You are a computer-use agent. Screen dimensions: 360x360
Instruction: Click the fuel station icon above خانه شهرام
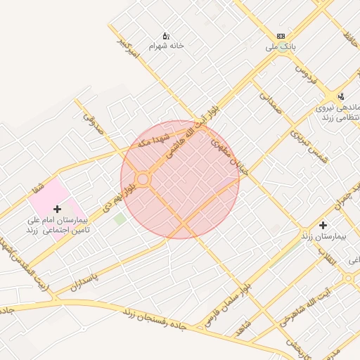tap(166, 35)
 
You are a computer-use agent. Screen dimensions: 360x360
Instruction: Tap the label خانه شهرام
tap(166, 46)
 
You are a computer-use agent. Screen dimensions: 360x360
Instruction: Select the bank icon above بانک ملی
tap(281, 36)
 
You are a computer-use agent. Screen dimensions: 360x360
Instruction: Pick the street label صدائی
tap(269, 103)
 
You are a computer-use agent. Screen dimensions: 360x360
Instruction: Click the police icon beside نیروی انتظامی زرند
tap(341, 96)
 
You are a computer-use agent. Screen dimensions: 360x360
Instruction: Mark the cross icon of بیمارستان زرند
tap(323, 226)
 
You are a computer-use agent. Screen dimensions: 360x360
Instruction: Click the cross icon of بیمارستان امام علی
tap(57, 209)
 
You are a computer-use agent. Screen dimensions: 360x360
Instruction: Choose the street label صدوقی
tap(94, 124)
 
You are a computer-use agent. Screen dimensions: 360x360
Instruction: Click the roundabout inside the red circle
tap(143, 180)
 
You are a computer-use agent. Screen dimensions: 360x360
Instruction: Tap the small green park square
tap(120, 219)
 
